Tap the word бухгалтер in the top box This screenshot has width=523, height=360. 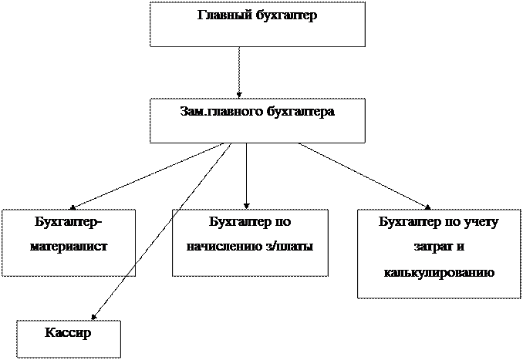point(286,15)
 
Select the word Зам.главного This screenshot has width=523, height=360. point(222,111)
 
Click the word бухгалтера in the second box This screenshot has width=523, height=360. point(301,111)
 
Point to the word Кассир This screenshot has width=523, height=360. point(68,332)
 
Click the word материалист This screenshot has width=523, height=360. point(69,247)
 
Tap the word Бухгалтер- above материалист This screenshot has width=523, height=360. point(69,221)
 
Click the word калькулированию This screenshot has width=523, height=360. point(439,273)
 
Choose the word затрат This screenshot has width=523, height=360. point(430,247)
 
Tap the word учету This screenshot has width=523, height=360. point(481,222)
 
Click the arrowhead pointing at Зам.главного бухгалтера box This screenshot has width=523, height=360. point(239,96)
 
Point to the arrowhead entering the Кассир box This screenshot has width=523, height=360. point(94,316)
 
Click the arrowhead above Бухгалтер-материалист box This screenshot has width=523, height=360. point(72,207)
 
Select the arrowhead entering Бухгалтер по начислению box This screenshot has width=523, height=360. point(247,206)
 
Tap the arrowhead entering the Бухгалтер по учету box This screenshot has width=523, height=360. point(427,207)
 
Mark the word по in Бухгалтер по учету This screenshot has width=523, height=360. point(451,222)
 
